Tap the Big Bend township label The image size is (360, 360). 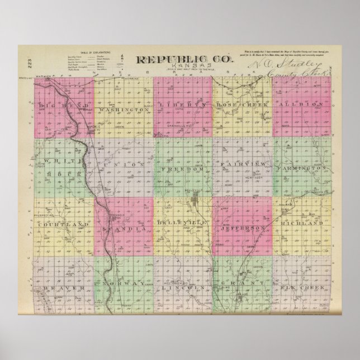61,105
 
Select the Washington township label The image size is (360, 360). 122,110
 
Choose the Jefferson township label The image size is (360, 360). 243,229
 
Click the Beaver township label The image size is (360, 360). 62,287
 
